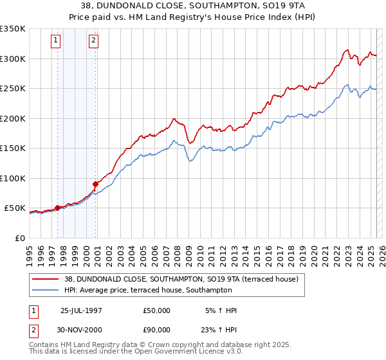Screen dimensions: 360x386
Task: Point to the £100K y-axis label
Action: point(12,178)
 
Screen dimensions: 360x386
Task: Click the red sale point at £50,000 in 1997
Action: point(58,208)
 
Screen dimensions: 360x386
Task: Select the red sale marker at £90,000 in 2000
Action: point(96,184)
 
